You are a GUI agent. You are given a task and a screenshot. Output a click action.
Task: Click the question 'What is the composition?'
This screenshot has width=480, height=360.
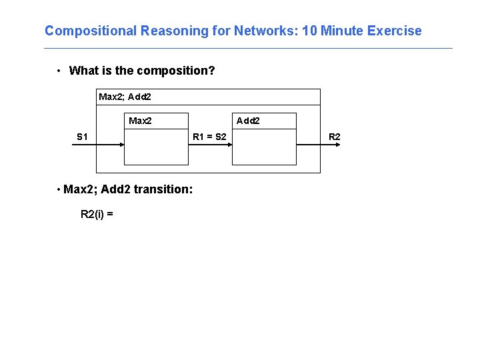[x=142, y=71]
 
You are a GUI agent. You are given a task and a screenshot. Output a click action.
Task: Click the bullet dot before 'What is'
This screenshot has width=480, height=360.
[x=59, y=71]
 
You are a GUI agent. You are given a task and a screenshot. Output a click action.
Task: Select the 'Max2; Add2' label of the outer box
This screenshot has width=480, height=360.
[x=125, y=97]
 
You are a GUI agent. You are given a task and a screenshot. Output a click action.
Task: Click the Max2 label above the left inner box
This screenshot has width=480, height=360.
[x=140, y=121]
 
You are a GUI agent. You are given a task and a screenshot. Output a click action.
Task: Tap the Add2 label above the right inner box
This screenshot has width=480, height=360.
[x=248, y=121]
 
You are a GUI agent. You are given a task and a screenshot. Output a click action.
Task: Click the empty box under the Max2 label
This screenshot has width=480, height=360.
[x=156, y=147]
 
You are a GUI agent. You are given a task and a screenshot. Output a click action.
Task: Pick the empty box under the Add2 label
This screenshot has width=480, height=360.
[x=264, y=147]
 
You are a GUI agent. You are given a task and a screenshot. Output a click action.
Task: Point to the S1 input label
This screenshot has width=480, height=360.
[x=82, y=137]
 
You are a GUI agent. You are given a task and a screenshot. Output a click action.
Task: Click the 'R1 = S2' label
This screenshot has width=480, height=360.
[x=209, y=137]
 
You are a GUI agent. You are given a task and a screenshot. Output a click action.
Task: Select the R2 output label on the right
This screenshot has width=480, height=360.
[x=335, y=137]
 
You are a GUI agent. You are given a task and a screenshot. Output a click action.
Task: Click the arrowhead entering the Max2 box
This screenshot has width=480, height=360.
[x=122, y=145]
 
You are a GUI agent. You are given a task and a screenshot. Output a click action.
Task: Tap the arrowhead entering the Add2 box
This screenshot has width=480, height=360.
[x=229, y=145]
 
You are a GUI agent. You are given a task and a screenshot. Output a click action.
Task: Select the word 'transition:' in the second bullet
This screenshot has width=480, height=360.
[x=163, y=189]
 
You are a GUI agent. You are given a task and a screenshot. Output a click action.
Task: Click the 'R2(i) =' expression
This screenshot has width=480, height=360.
[x=97, y=214]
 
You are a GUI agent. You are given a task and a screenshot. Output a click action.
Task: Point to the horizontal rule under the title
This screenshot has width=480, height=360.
[x=248, y=48]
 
